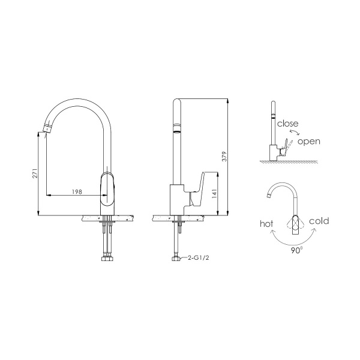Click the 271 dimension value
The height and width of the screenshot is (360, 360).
tap(35, 173)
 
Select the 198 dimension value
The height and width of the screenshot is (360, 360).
tap(77, 192)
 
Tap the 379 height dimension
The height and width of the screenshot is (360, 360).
tap(224, 156)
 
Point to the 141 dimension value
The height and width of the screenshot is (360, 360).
tap(215, 194)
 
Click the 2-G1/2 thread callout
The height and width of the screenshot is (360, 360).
tap(199, 258)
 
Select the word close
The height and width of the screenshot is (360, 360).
tap(287, 124)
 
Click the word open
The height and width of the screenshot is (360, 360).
tap(309, 142)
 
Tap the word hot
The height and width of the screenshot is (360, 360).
tap(266, 223)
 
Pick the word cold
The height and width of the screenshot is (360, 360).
tap(319, 221)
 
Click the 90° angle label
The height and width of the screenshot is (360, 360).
tap(296, 251)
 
